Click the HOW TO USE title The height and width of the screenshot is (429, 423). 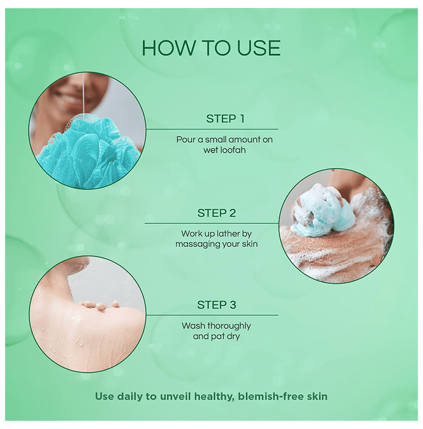[211, 48]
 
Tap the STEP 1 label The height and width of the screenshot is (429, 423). [225, 119]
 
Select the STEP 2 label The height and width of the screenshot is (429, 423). [216, 213]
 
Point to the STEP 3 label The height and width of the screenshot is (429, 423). [216, 305]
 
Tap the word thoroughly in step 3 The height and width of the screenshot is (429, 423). [229, 326]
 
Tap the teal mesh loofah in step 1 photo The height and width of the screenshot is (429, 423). [88, 152]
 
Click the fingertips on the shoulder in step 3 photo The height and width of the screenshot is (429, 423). [99, 305]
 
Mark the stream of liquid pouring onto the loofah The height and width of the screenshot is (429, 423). [83, 93]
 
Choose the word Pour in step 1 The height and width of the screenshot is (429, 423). [186, 140]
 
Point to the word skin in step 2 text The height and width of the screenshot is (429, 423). [250, 244]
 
